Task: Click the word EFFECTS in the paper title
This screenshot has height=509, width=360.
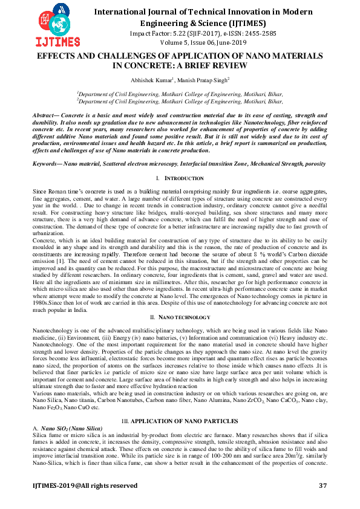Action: pyautogui.click(x=59, y=55)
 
